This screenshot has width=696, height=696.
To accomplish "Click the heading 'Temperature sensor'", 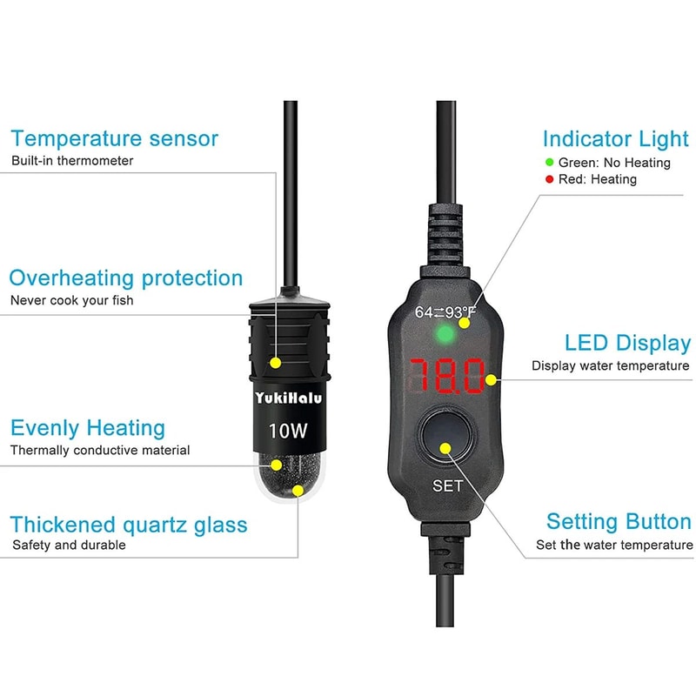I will pyautogui.click(x=114, y=138).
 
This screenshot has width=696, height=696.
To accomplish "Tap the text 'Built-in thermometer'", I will pyautogui.click(x=72, y=161).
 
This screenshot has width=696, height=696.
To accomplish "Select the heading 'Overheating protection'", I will pyautogui.click(x=126, y=278).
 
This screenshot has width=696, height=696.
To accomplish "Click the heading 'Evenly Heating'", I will pyautogui.click(x=87, y=428).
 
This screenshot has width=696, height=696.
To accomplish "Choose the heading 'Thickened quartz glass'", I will pyautogui.click(x=129, y=525).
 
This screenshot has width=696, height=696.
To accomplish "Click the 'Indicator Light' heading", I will pyautogui.click(x=615, y=139).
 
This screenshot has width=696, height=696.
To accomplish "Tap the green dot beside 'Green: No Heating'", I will pyautogui.click(x=549, y=162).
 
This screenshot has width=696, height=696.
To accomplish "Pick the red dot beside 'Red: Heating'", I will pyautogui.click(x=549, y=179).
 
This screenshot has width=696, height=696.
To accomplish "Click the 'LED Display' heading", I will pyautogui.click(x=627, y=343).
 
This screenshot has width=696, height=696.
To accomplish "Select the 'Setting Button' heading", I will pyautogui.click(x=619, y=522).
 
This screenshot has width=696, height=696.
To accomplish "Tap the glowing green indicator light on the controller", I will pyautogui.click(x=446, y=333).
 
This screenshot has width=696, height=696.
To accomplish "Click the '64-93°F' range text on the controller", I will pyautogui.click(x=445, y=311).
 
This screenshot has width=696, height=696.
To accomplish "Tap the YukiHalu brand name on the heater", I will pyautogui.click(x=287, y=398).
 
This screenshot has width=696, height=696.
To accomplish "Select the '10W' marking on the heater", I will pyautogui.click(x=287, y=430).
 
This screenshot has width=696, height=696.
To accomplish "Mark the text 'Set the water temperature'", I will pyautogui.click(x=614, y=545).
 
